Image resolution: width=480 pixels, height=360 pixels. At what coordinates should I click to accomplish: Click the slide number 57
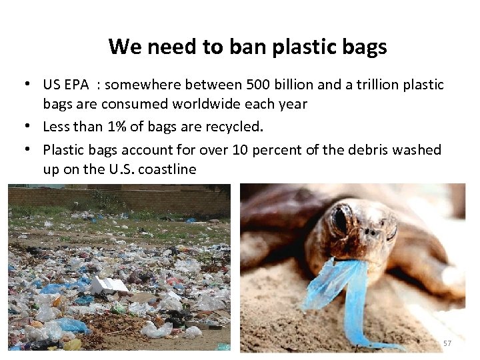(x=447, y=343)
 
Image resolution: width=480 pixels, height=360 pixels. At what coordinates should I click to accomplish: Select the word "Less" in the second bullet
(x=55, y=126)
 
